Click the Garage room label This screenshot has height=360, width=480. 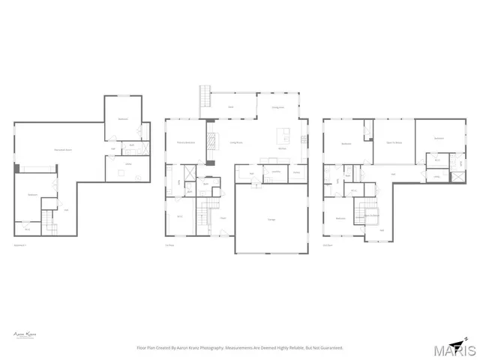point(271,220)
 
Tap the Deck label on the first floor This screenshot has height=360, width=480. point(231,107)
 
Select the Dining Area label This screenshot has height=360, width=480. point(277,107)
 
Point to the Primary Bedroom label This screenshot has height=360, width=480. point(185,142)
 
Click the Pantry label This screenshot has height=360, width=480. point(297,172)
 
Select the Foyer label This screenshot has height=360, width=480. point(223,217)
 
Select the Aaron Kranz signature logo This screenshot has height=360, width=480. point(26,335)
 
